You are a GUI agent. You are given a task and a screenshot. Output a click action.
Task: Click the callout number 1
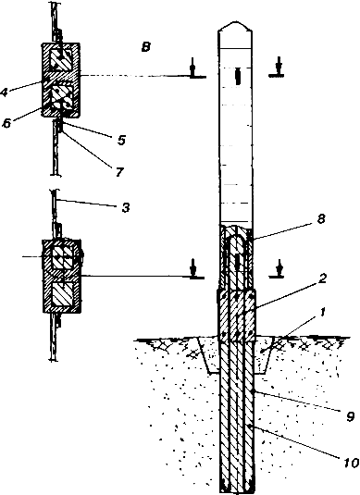point(322,314)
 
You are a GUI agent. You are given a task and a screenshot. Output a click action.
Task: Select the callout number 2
point(322,279)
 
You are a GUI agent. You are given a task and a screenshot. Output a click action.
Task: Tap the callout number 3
point(126,207)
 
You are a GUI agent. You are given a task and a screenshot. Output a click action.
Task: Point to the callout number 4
point(4,93)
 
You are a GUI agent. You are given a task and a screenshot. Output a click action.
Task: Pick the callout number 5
point(121,140)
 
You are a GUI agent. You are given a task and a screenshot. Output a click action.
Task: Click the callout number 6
point(6,123)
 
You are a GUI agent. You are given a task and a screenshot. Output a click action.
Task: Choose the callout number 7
point(119,172)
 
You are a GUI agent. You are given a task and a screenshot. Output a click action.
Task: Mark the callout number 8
point(321,218)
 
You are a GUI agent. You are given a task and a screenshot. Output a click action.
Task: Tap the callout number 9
point(350,417)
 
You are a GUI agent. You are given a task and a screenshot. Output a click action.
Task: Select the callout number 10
point(351,463)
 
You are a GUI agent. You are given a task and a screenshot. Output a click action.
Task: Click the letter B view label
point(145,47)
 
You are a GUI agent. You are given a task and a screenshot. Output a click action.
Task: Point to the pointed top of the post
point(235,22)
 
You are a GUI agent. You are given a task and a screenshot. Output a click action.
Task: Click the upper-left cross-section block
point(61,80)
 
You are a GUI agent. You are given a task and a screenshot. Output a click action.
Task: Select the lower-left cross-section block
point(62,276)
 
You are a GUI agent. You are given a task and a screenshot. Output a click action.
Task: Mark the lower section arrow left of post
point(192,269)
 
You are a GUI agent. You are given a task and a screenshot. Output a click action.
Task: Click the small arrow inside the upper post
point(238,76)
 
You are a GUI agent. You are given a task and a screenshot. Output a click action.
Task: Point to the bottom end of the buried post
point(236,491)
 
